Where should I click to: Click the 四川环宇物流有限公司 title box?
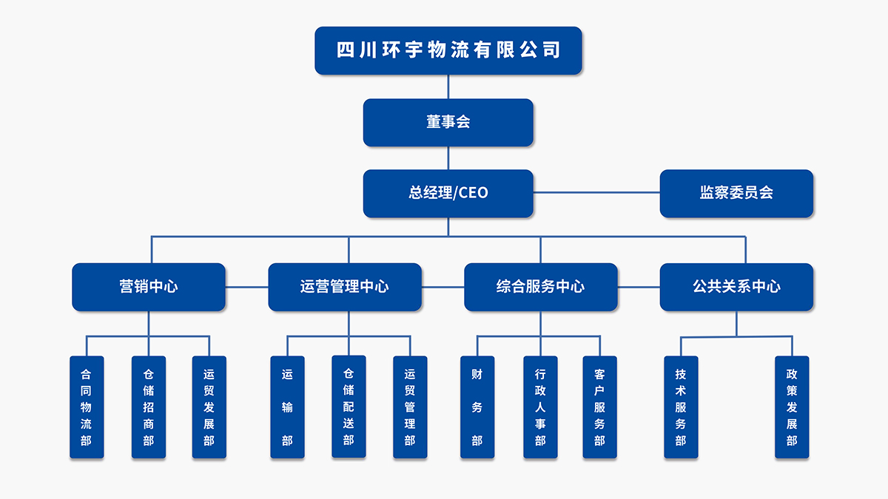coord(448,50)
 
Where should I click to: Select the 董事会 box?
coord(448,122)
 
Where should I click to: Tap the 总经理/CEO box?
coord(448,193)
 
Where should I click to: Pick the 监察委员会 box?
coord(736,193)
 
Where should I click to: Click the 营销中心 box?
coord(149,287)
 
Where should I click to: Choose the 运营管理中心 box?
coord(345,287)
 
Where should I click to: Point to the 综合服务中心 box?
coord(540,287)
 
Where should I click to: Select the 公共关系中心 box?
coord(736,287)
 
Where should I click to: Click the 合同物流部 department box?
coord(86,407)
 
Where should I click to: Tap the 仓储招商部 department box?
coord(149,407)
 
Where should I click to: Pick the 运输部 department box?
coord(287,407)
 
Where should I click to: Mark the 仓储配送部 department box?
coord(349,407)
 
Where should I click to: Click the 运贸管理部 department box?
coord(410,407)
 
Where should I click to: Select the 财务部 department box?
coord(477,407)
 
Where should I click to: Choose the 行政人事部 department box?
coord(540,407)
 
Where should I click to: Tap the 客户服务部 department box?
coord(599,407)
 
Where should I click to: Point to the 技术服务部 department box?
coord(681,407)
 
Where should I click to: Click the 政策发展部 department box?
coord(792,407)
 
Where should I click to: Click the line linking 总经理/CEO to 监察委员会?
coord(596,193)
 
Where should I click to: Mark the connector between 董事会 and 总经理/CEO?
coord(448,158)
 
